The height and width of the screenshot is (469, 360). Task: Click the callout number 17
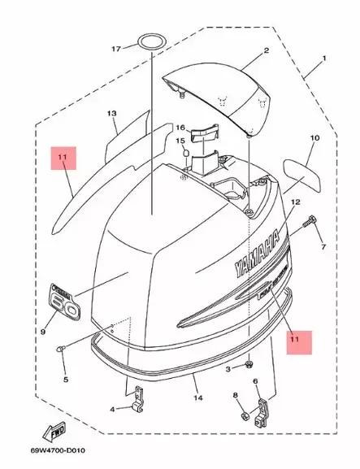tap(115, 49)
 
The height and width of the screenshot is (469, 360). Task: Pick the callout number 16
tap(181, 128)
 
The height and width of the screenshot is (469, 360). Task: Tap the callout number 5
tap(66, 378)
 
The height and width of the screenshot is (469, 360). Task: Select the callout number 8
tap(236, 395)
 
